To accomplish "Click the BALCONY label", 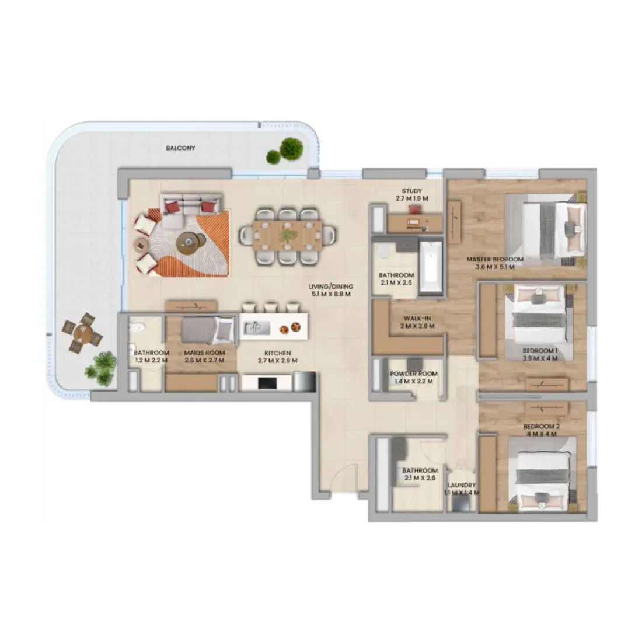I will pyautogui.click(x=180, y=148).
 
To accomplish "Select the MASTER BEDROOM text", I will pyautogui.click(x=494, y=259).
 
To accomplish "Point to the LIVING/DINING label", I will pyautogui.click(x=330, y=287).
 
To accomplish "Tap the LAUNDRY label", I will pyautogui.click(x=462, y=485).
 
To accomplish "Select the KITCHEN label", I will pyautogui.click(x=277, y=353).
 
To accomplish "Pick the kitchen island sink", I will pyautogui.click(x=257, y=328).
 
